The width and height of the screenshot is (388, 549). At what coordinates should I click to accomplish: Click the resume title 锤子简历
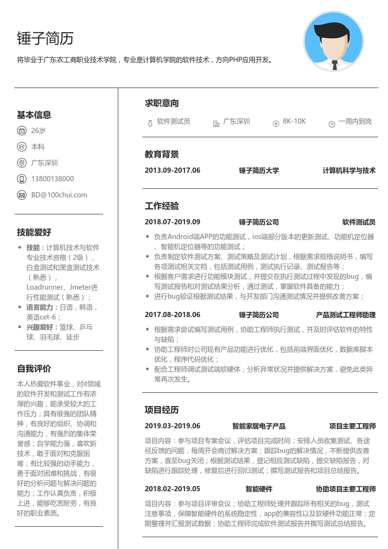point(45,38)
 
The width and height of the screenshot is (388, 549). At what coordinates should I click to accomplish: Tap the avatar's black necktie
point(335,65)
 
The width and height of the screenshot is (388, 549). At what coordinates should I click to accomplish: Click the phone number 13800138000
point(53,179)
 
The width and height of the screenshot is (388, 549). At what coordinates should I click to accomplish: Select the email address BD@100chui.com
point(59,195)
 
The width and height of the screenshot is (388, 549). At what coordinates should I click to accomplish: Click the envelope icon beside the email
point(21,195)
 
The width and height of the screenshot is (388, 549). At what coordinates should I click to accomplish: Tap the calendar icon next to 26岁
point(21,131)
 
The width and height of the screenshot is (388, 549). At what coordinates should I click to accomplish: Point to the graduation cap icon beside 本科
point(21,147)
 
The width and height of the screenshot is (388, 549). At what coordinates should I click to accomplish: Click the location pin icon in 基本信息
point(21,163)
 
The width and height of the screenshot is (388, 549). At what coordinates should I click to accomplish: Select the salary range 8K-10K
point(294,121)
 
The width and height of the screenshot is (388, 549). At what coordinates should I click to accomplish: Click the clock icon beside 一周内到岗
point(332,124)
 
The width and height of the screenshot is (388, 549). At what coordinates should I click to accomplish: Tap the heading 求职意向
point(162,103)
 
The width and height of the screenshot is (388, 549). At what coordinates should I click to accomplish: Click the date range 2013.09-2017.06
point(173,170)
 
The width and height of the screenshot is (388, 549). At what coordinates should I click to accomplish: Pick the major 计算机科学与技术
point(349,170)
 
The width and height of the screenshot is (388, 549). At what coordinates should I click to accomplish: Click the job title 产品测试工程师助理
point(345,315)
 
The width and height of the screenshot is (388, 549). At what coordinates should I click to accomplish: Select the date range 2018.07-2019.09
point(173,222)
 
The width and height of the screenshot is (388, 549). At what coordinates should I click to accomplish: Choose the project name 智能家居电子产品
point(259,426)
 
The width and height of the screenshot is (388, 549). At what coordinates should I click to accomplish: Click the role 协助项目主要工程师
point(345,489)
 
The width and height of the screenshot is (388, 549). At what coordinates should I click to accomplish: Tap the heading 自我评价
point(34,369)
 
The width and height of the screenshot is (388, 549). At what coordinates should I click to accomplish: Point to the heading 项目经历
point(162,410)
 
